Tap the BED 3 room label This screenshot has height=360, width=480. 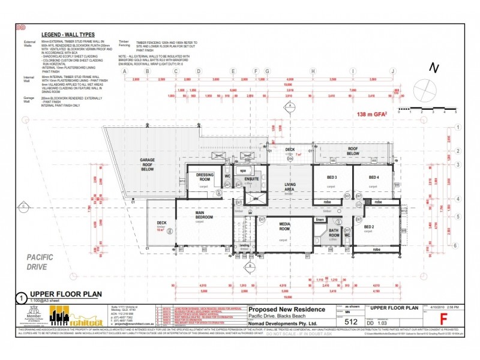(x=332, y=178)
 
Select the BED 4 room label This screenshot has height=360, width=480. (x=374, y=178)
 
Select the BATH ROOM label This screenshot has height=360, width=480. (x=334, y=232)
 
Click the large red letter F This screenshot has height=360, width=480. (x=443, y=317)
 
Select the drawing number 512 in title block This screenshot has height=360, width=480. (x=353, y=320)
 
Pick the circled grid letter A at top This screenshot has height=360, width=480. (x=125, y=71)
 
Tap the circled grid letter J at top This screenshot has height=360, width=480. (x=393, y=71)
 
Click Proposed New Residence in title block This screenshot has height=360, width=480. (x=287, y=310)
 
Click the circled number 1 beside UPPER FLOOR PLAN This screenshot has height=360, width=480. (x=22, y=296)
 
